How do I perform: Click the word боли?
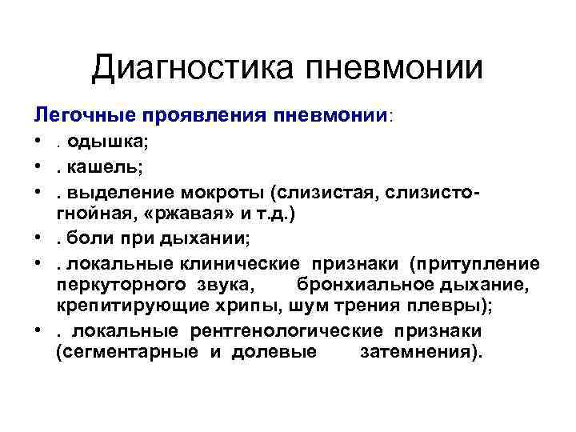point(86,238)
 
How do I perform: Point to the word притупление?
point(485,263)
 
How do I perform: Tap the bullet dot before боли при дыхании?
point(39,238)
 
